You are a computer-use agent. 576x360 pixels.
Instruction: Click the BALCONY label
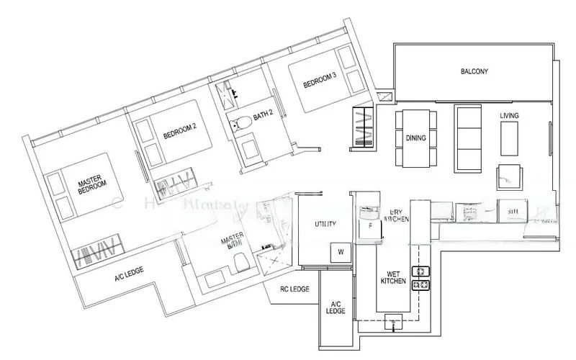(x=474, y=72)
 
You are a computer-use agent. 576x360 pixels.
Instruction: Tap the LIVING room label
(x=509, y=115)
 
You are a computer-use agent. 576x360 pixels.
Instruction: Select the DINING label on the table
(x=414, y=138)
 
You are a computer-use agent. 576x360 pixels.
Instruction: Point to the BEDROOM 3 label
(x=320, y=84)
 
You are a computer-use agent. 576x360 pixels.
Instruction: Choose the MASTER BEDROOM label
(x=92, y=189)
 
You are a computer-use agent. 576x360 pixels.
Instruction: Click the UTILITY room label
(x=325, y=225)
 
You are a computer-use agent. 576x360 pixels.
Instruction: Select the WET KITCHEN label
(x=392, y=277)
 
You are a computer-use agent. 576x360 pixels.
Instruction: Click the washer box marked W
(x=339, y=253)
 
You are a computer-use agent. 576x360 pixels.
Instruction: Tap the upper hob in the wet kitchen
(x=418, y=272)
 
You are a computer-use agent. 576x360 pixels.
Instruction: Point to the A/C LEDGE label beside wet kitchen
(x=336, y=307)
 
